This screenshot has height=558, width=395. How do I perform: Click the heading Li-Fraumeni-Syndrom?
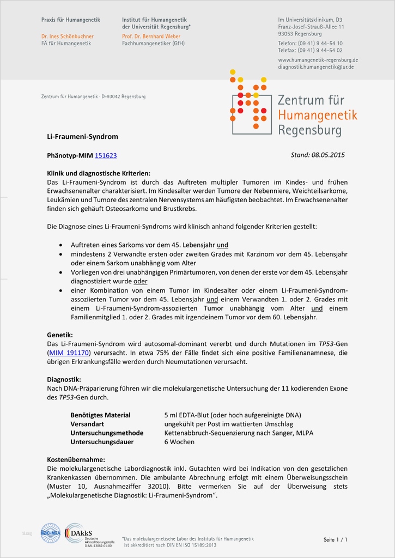[82, 137]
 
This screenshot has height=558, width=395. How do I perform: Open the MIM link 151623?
[106, 155]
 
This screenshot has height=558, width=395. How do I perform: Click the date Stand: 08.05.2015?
[318, 155]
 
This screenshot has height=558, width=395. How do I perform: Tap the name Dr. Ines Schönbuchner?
[68, 37]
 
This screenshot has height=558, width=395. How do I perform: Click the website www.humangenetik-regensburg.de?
[318, 60]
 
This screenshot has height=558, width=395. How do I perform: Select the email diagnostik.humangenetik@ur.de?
[315, 67]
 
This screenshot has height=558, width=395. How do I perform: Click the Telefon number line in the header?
[310, 43]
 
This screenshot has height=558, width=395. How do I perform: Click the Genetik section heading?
[60, 335]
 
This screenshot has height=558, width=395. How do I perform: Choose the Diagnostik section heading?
[64, 379]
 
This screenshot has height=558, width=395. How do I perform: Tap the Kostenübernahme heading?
[76, 459]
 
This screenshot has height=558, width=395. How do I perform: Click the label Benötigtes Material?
[100, 415]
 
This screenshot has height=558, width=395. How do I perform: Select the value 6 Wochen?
[180, 441]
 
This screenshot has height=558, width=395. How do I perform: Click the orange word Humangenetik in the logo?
[317, 115]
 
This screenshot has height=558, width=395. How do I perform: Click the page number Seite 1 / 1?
[335, 539]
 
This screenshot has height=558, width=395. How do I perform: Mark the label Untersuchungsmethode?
[107, 433]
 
